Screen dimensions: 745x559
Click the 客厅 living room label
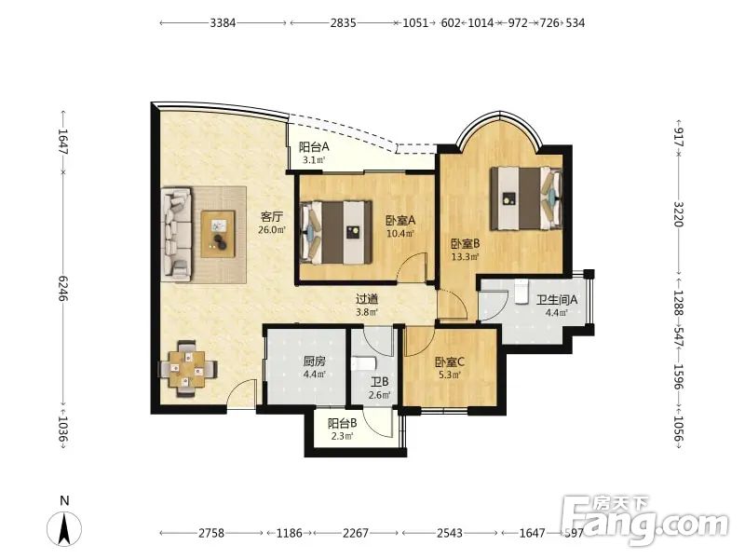pos(272,217)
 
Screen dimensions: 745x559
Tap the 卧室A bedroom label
pos(400,221)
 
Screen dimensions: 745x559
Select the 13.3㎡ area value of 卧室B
pos(465,257)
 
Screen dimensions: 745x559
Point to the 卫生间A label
pos(557,300)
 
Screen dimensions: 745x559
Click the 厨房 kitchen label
pos(315,361)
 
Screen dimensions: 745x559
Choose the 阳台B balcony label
pos(342,423)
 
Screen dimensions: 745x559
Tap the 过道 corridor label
pos(367,299)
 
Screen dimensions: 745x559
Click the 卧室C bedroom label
pos(450,362)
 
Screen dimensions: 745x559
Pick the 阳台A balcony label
pos(314,147)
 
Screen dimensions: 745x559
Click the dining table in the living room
pos(188,368)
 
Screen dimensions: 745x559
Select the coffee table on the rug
pos(218,234)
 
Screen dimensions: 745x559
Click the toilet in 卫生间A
pos(521,292)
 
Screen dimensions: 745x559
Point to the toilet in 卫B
pos(363,363)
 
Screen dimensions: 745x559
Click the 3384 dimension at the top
pos(223,22)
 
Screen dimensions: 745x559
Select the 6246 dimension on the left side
pos(63,289)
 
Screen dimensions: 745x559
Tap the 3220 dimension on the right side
pos(679,214)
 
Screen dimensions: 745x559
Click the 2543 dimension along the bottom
pos(450,533)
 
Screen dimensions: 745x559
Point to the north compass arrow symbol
pos(64,528)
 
